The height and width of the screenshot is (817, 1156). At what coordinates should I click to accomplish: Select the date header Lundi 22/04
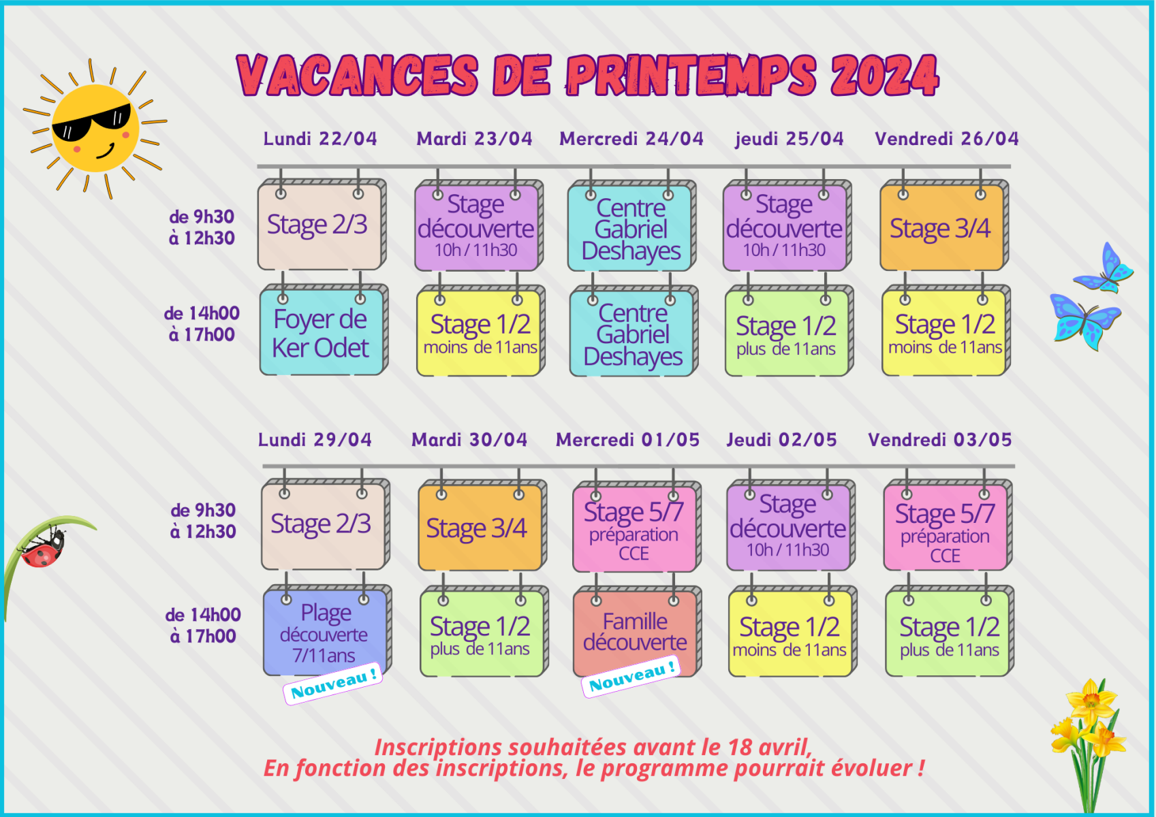[320, 139]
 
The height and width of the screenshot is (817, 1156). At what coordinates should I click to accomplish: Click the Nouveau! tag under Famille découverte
[631, 677]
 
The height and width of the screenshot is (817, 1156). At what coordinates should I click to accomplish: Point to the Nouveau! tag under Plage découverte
[333, 684]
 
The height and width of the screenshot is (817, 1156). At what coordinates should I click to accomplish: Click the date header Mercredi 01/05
[627, 440]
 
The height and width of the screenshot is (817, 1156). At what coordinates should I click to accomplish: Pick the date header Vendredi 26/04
[946, 139]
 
